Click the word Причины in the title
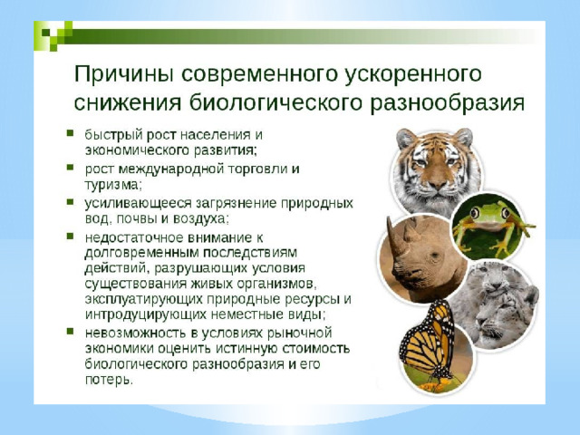point(124,75)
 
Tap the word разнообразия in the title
point(447,102)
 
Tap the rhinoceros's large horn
point(393,237)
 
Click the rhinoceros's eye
point(435,255)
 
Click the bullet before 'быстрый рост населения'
point(70,133)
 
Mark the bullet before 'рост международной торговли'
point(70,168)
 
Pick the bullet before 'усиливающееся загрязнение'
point(70,202)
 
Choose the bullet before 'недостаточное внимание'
point(70,236)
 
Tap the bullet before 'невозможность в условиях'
point(70,331)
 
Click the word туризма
point(113,185)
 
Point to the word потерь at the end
point(109,380)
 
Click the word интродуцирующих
point(146,315)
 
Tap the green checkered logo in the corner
point(56,35)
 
